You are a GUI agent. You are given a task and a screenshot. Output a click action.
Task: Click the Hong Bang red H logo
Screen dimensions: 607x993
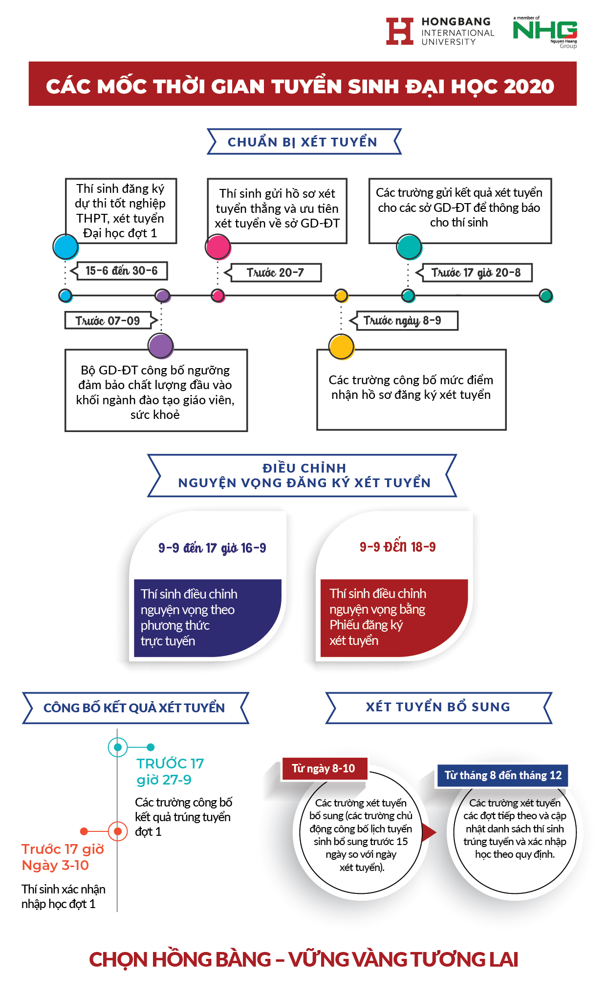[x=400, y=31]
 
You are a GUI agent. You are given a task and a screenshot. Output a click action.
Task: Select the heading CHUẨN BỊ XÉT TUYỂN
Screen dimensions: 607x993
[x=303, y=142]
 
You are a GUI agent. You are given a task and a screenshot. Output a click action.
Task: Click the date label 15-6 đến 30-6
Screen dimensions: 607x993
[x=122, y=270]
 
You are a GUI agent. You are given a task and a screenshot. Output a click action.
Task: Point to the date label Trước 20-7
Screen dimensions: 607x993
[x=275, y=272]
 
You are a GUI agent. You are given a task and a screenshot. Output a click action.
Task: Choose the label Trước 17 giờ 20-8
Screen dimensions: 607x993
[x=476, y=272]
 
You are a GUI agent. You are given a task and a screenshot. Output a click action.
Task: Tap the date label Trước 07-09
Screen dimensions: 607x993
[x=108, y=321]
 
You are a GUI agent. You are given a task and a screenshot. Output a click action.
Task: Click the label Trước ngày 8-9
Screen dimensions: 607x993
[x=402, y=320]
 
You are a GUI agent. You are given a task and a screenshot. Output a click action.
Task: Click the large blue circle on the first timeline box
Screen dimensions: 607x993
[x=65, y=247]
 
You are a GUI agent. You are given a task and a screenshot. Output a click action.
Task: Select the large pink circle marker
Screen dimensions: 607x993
[x=218, y=247]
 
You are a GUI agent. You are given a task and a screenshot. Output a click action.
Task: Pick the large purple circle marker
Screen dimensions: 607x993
[x=161, y=346]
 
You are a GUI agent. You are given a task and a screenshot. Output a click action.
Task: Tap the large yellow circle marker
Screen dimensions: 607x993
[x=341, y=347]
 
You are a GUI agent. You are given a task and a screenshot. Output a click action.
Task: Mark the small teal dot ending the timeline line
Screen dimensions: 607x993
[x=546, y=295]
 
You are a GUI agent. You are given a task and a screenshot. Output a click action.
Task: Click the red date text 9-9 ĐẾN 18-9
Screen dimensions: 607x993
[x=398, y=546]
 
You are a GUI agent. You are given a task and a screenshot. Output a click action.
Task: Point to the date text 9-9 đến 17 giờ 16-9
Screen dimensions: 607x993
[x=212, y=548]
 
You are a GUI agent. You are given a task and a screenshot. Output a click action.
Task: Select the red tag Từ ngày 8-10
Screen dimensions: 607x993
[x=324, y=768]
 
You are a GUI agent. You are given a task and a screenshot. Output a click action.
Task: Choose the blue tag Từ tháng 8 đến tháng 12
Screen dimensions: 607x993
[x=503, y=775]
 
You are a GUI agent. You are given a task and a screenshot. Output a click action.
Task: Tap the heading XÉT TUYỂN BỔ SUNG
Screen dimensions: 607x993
[x=438, y=707]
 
